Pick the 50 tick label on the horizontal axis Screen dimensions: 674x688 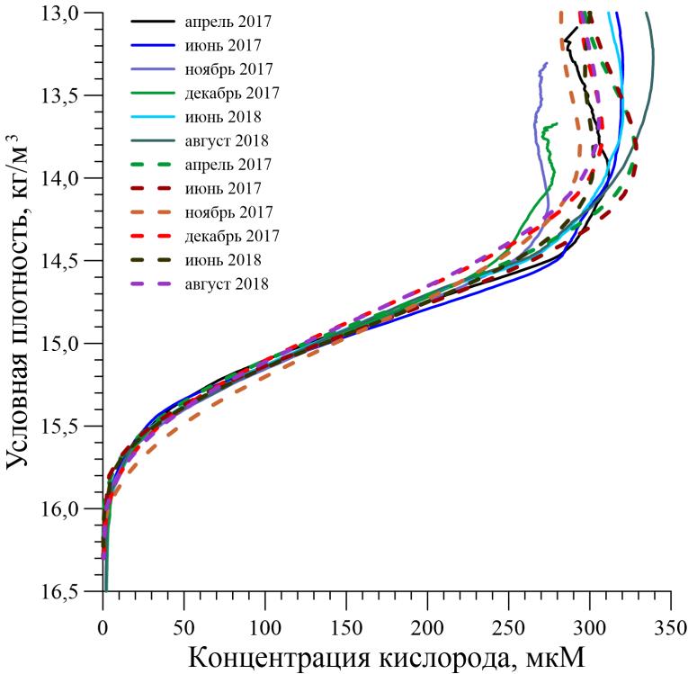[183, 625]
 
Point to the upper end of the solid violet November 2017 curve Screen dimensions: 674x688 [546, 63]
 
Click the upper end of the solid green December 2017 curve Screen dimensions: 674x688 [558, 123]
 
